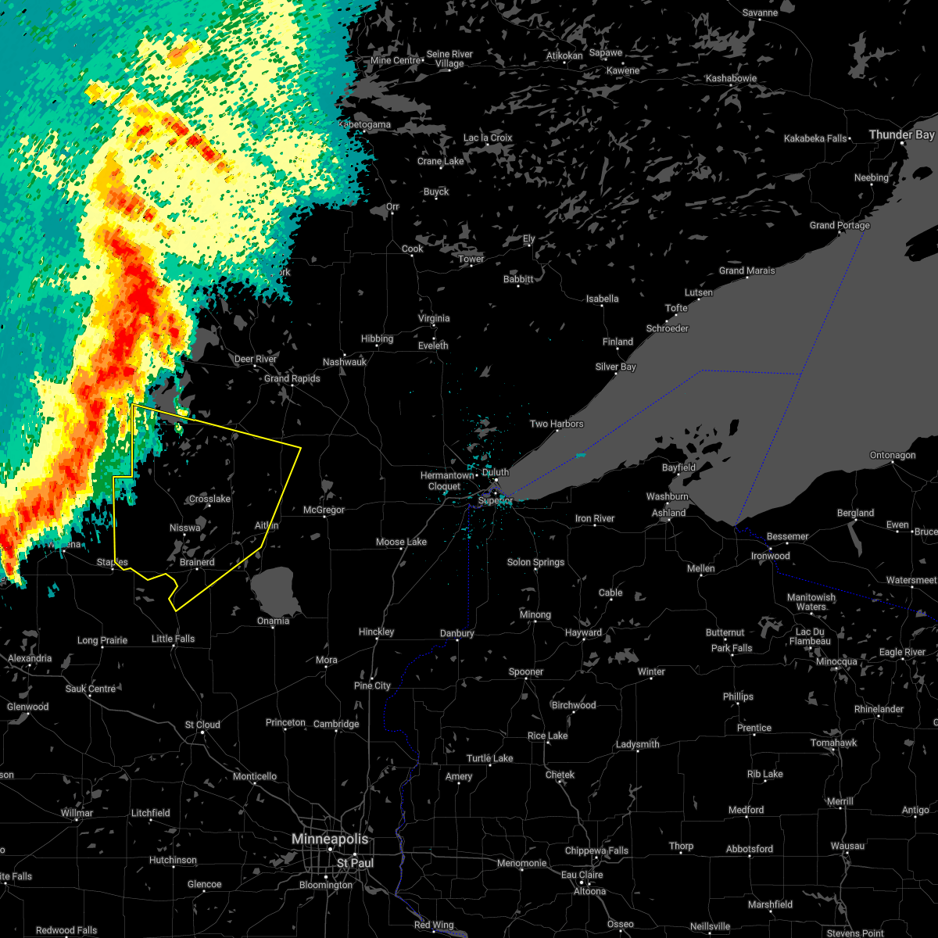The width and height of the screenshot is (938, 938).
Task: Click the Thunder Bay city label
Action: point(901,134)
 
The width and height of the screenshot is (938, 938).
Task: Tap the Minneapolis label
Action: point(330,839)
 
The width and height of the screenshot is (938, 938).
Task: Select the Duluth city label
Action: point(496,472)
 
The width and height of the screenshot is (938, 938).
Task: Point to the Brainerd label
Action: point(197,562)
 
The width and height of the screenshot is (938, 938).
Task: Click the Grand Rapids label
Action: point(292,378)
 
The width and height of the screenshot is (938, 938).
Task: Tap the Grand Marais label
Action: point(747,270)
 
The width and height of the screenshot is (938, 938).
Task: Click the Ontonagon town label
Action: point(893,455)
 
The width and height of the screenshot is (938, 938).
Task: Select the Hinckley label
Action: point(376,632)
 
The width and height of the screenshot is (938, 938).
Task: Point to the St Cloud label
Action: point(202,725)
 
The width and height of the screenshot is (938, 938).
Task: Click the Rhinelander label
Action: point(879,709)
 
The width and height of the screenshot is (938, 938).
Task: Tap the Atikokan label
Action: point(564,55)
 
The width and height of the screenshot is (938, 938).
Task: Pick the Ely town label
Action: point(529,238)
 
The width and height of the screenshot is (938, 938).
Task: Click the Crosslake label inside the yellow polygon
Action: point(209,499)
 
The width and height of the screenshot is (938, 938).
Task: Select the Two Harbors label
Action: point(557,424)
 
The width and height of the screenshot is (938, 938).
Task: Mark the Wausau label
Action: point(847,846)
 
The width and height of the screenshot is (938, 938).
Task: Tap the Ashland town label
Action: point(669,513)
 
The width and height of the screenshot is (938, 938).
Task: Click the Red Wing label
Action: point(434,925)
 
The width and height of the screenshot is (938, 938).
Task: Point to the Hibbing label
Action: point(377,338)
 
